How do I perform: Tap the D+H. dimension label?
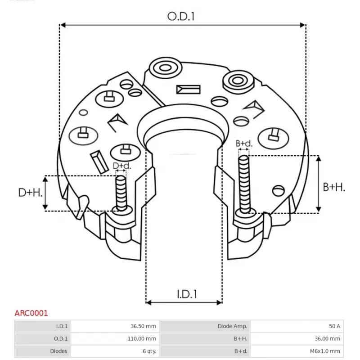pos(30,193)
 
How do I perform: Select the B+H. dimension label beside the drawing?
pos(334,187)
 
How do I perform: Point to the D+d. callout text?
pos(121,166)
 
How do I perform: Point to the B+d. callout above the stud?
pos(244,144)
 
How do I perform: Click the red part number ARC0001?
pos(31,313)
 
